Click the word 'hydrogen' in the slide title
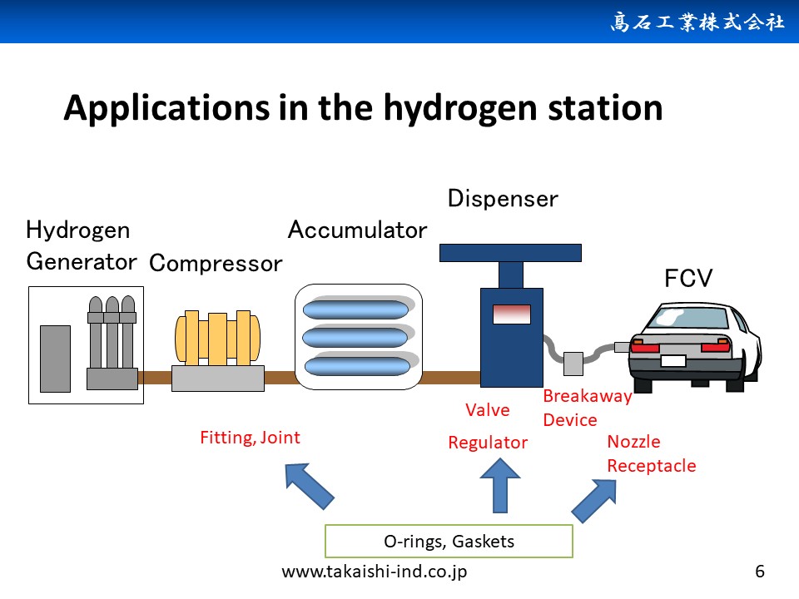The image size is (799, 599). (x=460, y=108)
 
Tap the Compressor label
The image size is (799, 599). (x=216, y=264)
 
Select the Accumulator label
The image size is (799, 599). (x=357, y=230)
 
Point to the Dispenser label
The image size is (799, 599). (x=503, y=199)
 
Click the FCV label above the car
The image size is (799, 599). (x=688, y=278)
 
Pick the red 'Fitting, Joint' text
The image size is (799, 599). (x=250, y=438)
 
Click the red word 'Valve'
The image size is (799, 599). (x=487, y=410)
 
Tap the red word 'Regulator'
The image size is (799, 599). (x=488, y=443)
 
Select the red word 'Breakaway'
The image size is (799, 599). (x=588, y=396)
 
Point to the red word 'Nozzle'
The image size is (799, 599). (x=633, y=442)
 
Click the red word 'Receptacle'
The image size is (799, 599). (x=651, y=466)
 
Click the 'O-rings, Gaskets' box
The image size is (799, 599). (x=449, y=541)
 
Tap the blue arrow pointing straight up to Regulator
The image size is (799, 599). (x=500, y=485)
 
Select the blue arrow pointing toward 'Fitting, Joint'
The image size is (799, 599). (x=310, y=486)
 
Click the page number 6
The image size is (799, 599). (x=760, y=572)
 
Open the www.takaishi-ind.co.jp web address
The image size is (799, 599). (x=374, y=572)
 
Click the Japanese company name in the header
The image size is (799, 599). (x=697, y=22)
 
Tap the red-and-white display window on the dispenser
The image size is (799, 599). (x=512, y=314)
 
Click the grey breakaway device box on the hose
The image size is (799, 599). (x=573, y=364)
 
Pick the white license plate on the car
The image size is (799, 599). (x=673, y=360)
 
